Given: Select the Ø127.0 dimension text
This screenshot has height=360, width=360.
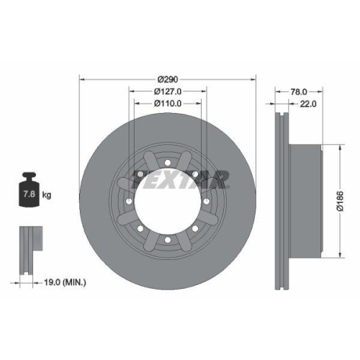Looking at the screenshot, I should click(x=167, y=91).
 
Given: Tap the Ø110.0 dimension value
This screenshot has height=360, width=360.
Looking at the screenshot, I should click(x=167, y=104).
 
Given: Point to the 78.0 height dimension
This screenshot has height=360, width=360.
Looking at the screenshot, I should click(x=298, y=91).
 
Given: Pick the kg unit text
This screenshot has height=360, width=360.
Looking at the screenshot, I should click(x=46, y=195).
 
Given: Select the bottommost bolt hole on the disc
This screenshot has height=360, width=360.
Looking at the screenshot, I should click(x=166, y=238).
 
